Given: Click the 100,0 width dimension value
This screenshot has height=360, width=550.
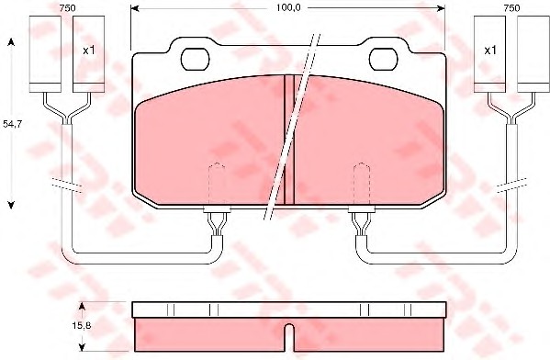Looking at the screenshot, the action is pos(288,7).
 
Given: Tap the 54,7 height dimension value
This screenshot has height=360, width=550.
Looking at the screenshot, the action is pos(13,123).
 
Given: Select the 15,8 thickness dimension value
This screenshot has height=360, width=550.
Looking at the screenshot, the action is pos(82,326).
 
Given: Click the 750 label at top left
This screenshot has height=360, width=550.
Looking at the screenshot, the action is pos(67,8).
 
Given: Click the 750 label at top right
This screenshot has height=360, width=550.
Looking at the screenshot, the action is pos(511,8).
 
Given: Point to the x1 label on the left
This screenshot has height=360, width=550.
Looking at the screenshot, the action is pos(89,51).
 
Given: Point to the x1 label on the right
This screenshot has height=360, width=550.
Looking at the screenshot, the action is pos(490,51).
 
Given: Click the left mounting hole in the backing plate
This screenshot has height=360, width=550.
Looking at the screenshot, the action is pos(195,59).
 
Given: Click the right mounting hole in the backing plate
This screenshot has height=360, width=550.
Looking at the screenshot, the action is pos(384,59).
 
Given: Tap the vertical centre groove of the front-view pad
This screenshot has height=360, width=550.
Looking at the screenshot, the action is pos(289,140).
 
